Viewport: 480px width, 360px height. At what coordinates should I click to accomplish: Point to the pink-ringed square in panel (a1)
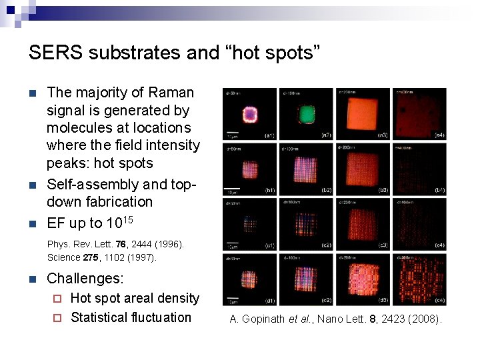[251, 112]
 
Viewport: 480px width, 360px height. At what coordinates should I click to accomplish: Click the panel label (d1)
[269, 300]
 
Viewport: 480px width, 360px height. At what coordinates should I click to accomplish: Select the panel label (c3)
[383, 245]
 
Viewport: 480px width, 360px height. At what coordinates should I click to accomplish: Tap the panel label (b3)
[383, 191]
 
